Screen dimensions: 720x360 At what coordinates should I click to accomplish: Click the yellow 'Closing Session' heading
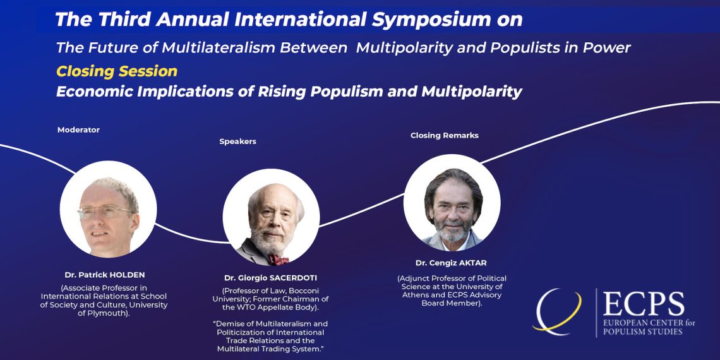tap(117, 71)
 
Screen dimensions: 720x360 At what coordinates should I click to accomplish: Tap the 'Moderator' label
tap(78, 130)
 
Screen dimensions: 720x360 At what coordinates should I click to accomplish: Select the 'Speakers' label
tap(238, 141)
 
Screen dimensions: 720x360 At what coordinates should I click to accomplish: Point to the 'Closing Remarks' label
tap(445, 135)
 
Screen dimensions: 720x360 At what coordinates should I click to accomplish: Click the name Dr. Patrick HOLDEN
tap(105, 275)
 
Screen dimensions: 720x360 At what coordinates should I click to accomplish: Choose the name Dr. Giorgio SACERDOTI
tap(271, 278)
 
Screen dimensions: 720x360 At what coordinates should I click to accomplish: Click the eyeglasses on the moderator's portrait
tap(105, 212)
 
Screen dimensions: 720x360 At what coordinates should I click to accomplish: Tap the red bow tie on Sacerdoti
tap(279, 260)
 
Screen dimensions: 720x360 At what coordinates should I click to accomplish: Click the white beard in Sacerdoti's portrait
tap(270, 241)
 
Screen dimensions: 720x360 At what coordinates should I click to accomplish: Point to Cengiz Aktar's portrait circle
tap(452, 203)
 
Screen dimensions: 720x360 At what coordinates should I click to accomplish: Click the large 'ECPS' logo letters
tap(644, 304)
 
